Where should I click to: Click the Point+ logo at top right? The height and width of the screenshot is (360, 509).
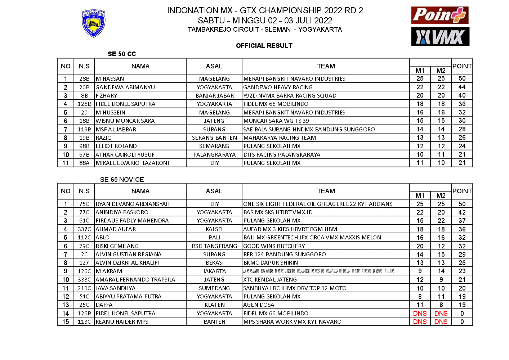[440, 15]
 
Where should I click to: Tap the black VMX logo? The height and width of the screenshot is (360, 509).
[440, 37]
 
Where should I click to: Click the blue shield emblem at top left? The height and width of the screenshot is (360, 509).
[94, 24]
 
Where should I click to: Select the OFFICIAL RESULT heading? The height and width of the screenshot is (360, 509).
[264, 46]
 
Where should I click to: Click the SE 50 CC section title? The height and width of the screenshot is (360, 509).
[122, 54]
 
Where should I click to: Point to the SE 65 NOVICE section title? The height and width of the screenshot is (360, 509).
[122, 180]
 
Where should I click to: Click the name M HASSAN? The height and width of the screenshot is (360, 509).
[110, 79]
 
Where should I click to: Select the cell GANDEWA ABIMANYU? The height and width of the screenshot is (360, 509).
[125, 87]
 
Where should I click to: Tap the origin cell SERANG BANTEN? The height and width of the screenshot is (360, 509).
[214, 138]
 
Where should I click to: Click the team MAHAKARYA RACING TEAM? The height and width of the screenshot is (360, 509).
[280, 138]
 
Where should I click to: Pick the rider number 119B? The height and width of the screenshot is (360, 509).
[84, 130]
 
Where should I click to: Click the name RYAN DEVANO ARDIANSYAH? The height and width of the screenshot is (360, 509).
[133, 204]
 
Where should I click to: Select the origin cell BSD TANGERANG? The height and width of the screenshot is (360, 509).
[214, 246]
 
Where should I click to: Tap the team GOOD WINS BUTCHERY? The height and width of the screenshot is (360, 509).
[274, 246]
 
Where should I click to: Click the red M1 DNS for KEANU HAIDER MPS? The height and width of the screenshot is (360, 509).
[420, 322]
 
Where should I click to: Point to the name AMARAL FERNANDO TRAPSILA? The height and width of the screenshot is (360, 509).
[135, 280]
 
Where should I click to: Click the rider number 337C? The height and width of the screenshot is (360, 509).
[84, 229]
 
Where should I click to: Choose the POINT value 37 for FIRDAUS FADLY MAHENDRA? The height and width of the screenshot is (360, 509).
[462, 221]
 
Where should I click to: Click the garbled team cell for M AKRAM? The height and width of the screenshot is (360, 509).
[318, 271]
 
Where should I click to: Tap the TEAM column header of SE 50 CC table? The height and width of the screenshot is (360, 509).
[326, 66]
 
